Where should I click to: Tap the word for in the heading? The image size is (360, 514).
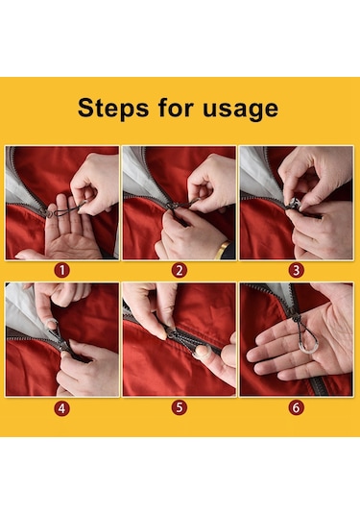(x=176, y=108)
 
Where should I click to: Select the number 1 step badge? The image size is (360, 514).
(x=62, y=271)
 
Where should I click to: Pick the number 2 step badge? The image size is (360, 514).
(x=180, y=271)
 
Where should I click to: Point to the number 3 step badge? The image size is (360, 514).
(x=297, y=271)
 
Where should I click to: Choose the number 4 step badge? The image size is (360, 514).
(x=62, y=408)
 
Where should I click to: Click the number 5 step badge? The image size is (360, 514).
(x=180, y=407)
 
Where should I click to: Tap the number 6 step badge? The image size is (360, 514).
(x=297, y=407)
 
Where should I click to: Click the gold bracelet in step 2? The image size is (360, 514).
(x=223, y=250)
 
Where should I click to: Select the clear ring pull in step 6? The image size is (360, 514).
(x=307, y=348)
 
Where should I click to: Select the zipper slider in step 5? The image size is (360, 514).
(x=172, y=333)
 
